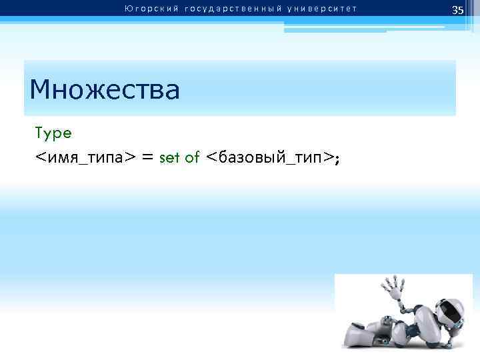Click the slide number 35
point(457,10)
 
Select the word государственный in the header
point(225,9)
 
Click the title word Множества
point(105,89)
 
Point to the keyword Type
point(53,133)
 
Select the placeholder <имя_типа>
point(85,158)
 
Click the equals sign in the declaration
point(148,158)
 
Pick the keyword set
point(170,158)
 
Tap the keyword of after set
point(192,158)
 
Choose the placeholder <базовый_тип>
point(269,158)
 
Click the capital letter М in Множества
point(41,89)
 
